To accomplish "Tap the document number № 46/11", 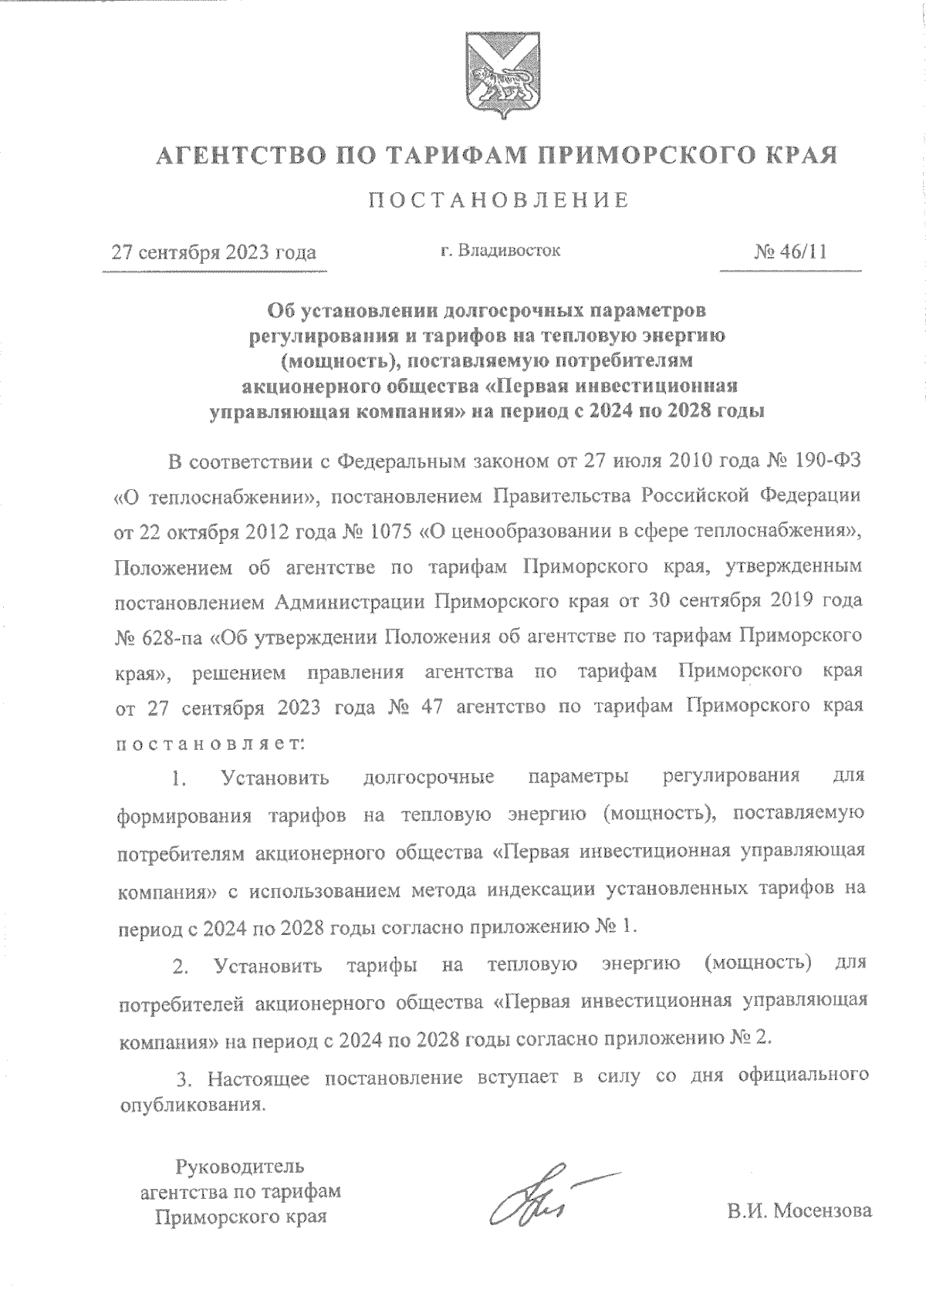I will (x=789, y=252).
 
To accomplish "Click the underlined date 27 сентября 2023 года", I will (x=215, y=253).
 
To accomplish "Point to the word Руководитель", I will (x=241, y=1165).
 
